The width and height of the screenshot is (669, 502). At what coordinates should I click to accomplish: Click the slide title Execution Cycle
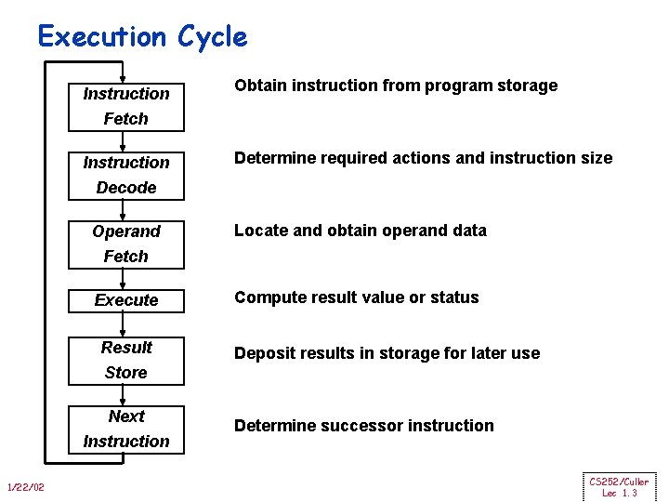pyautogui.click(x=142, y=36)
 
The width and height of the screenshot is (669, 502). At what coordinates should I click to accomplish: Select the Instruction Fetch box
pyautogui.click(x=126, y=106)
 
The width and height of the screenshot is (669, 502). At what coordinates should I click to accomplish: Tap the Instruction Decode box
pyautogui.click(x=126, y=175)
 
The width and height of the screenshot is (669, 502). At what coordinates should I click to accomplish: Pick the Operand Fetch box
pyautogui.click(x=126, y=244)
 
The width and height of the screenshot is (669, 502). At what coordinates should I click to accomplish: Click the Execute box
pyautogui.click(x=126, y=300)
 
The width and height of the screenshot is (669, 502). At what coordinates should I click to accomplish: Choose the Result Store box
pyautogui.click(x=126, y=360)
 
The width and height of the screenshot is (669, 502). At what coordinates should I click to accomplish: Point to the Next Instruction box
pyautogui.click(x=126, y=429)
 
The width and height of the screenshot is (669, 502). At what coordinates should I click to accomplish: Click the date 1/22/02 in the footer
pyautogui.click(x=25, y=488)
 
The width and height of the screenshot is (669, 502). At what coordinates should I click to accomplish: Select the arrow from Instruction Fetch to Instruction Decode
pyautogui.click(x=125, y=139)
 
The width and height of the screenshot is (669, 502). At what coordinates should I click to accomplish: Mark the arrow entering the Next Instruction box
pyautogui.click(x=125, y=394)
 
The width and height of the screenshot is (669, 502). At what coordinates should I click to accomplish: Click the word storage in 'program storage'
pyautogui.click(x=525, y=86)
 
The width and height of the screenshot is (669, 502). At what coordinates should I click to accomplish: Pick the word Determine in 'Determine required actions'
pyautogui.click(x=275, y=158)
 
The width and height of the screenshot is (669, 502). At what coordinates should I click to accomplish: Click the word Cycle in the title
pyautogui.click(x=209, y=36)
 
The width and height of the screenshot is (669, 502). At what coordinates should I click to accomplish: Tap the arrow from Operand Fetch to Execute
pyautogui.click(x=125, y=278)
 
